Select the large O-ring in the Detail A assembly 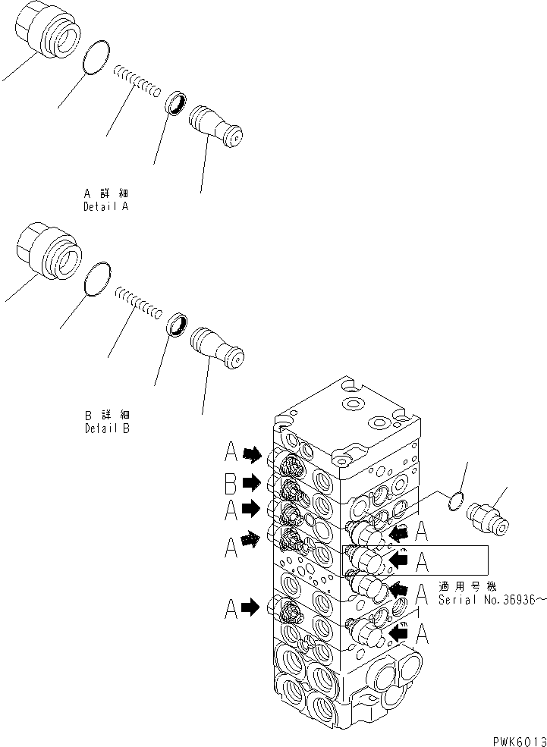[95, 60]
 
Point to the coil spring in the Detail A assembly [137, 81]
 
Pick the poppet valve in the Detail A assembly [217, 124]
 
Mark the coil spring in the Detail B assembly [138, 300]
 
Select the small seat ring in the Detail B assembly [179, 323]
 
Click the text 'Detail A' [106, 206]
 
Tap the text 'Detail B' [106, 428]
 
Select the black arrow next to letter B [252, 482]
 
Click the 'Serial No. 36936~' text [492, 599]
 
